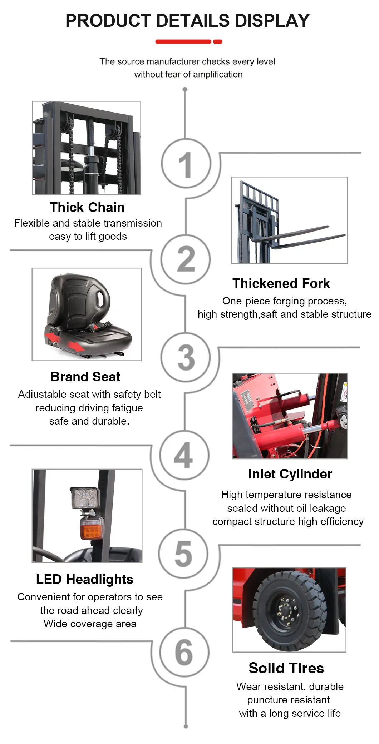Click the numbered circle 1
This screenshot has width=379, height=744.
pyautogui.click(x=186, y=164)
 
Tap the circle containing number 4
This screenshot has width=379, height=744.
pyautogui.click(x=184, y=455)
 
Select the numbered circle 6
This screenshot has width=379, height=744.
pyautogui.click(x=184, y=652)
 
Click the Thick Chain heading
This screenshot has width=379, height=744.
pyautogui.click(x=87, y=208)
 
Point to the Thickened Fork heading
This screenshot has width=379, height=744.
pyautogui.click(x=281, y=284)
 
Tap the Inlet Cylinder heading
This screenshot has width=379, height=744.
pyautogui.click(x=290, y=474)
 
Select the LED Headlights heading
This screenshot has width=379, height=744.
pyautogui.click(x=84, y=579)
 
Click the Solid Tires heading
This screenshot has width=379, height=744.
pyautogui.click(x=286, y=668)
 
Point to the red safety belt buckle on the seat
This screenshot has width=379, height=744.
pyautogui.click(x=95, y=327)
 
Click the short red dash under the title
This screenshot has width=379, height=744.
pyautogui.click(x=218, y=42)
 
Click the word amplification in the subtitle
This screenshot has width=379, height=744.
pyautogui.click(x=218, y=74)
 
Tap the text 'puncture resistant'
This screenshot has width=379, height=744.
pyautogui.click(x=289, y=700)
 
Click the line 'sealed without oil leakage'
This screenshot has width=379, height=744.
pyautogui.click(x=286, y=508)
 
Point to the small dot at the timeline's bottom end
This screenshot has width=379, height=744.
pyautogui.click(x=186, y=726)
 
